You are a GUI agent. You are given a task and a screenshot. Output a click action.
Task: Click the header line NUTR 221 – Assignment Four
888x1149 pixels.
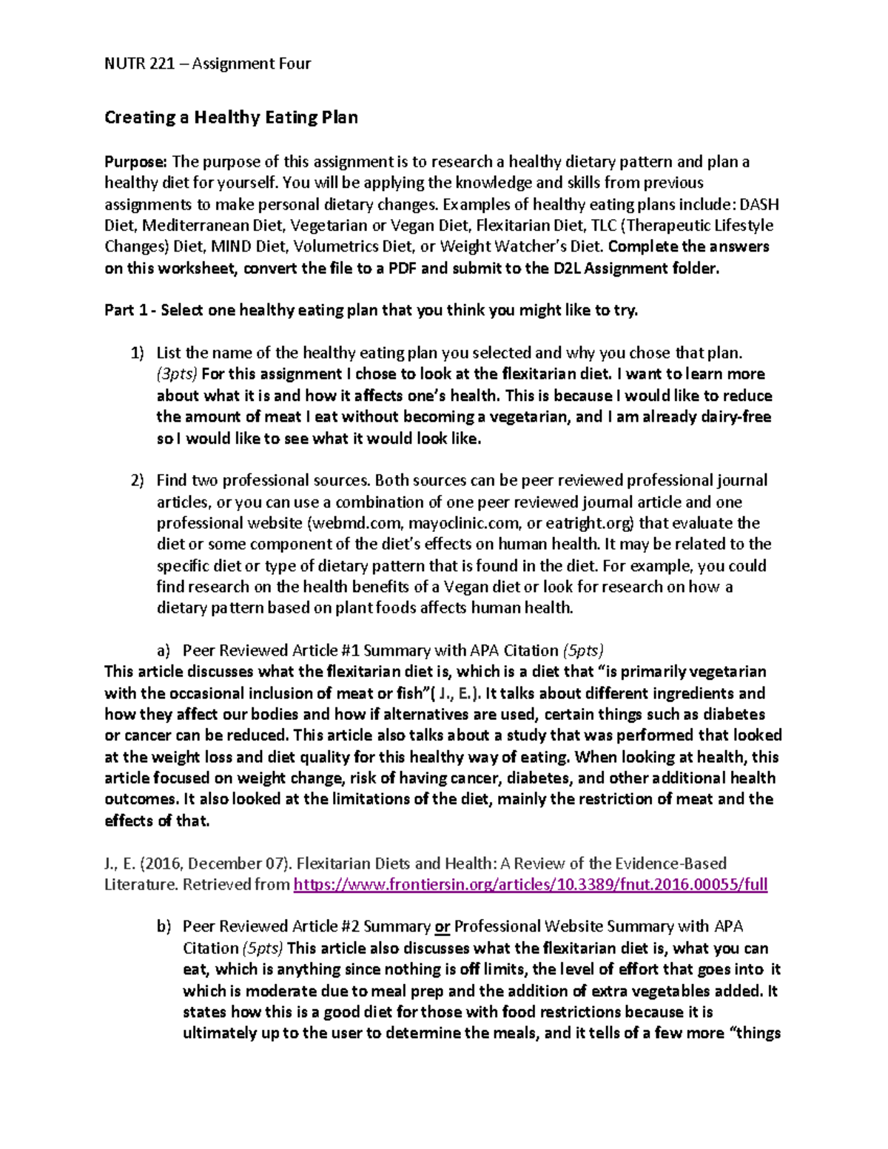[x=207, y=64]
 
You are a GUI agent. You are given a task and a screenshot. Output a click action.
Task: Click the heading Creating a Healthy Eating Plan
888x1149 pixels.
[x=231, y=118]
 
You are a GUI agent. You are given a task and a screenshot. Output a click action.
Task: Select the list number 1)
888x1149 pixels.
[x=138, y=354]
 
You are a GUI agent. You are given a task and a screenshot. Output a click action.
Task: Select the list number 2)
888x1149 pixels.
[x=138, y=481]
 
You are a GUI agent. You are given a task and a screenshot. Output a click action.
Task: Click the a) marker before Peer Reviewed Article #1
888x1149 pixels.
[x=163, y=651]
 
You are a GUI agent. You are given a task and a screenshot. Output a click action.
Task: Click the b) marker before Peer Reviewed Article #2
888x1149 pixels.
[x=164, y=927]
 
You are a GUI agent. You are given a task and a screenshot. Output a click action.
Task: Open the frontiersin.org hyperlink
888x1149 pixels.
[x=530, y=885]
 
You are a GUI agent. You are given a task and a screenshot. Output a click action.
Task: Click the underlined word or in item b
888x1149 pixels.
[x=442, y=927]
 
